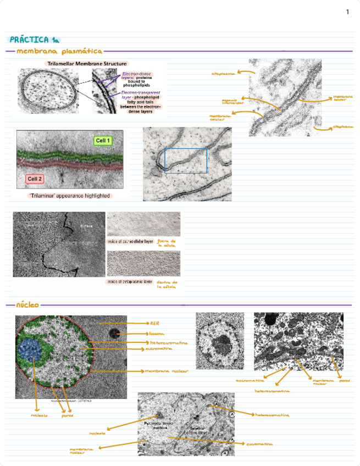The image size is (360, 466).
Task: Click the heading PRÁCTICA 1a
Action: [x=34, y=40]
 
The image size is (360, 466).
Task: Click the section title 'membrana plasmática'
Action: [x=59, y=51]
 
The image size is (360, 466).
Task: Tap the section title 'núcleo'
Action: [x=27, y=304]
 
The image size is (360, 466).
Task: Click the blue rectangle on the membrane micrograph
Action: [x=186, y=160]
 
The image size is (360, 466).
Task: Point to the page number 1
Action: [x=347, y=12]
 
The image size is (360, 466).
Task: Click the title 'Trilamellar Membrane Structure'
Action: [x=86, y=64]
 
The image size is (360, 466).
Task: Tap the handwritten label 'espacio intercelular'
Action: [x=229, y=101]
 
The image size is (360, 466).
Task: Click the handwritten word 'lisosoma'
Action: [x=157, y=333]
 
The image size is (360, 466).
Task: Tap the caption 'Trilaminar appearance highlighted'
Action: [x=69, y=196]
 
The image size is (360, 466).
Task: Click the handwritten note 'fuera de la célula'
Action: [x=166, y=243]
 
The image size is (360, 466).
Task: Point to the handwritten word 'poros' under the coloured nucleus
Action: [x=68, y=415]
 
